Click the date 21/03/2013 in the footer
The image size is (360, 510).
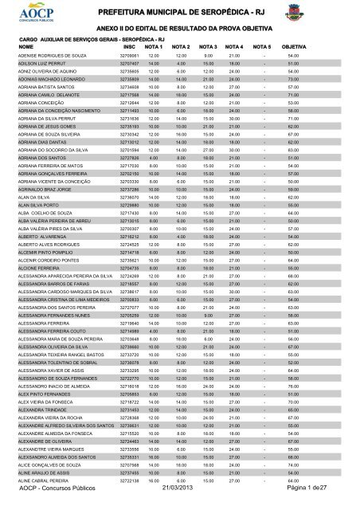coord(180,497)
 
